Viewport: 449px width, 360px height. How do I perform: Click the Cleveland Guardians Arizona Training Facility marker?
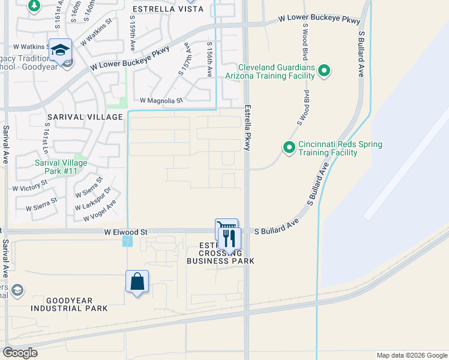point(324,71)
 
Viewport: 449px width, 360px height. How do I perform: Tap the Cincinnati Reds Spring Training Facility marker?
point(289,147)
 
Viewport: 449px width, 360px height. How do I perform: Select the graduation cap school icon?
point(60,50)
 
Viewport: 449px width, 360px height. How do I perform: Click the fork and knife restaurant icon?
point(229,239)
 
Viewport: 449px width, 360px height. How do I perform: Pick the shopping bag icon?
point(137,281)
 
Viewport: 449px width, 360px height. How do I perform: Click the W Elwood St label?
point(125,232)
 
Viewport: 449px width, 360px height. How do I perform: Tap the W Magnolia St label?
point(161,101)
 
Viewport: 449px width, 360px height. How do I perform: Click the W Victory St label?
point(30,187)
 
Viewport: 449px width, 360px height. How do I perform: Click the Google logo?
point(19,353)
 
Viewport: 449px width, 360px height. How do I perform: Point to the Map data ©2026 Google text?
point(411,355)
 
